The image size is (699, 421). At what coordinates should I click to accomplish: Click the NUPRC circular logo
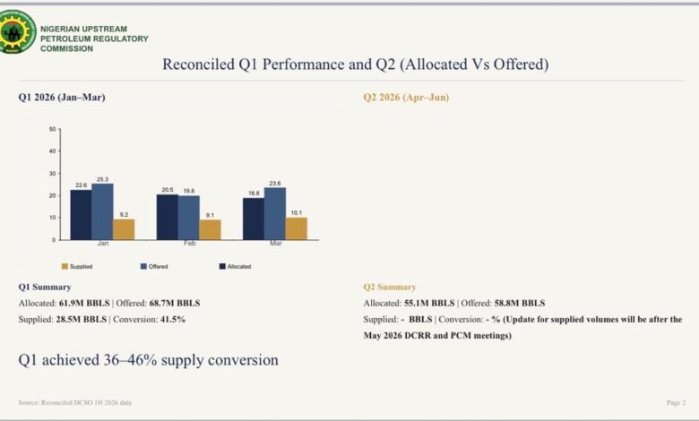(17, 32)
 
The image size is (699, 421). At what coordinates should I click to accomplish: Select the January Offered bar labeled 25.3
(102, 211)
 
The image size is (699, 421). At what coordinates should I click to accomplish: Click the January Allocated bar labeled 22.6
(82, 215)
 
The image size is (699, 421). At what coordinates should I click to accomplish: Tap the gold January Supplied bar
(124, 229)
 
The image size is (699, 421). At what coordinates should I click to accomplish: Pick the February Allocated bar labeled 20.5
(168, 217)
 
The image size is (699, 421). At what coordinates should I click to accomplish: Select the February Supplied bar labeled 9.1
(210, 230)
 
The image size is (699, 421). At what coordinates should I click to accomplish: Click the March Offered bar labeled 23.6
(275, 214)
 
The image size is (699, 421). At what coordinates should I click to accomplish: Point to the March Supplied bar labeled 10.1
(297, 228)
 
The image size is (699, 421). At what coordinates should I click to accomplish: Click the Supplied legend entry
(77, 266)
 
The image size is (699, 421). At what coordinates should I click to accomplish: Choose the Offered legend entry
(154, 266)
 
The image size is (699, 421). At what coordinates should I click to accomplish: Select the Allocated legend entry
(236, 266)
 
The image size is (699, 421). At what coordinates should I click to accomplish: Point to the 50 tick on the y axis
(53, 129)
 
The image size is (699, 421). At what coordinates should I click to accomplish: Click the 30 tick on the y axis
(53, 173)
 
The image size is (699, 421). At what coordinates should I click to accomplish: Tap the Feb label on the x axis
(189, 244)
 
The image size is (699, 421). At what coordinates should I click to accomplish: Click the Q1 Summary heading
(45, 287)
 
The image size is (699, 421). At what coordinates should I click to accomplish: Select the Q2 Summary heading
(390, 287)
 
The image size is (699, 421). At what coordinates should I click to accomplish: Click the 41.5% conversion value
(173, 320)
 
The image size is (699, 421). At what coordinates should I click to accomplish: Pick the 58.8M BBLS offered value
(520, 304)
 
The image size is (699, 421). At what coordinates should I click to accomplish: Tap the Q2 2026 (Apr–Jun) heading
(406, 97)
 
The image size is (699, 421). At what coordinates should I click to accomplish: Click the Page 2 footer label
(676, 403)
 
